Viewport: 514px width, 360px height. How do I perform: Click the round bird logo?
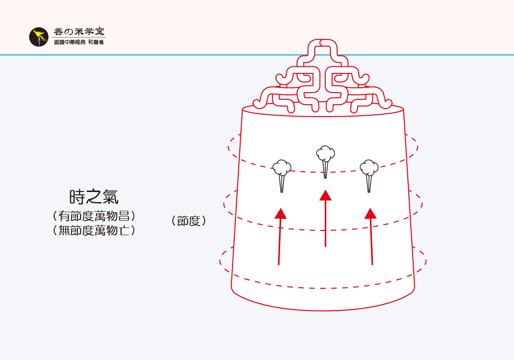tap(38, 37)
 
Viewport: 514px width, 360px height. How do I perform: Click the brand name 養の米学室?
tap(79, 32)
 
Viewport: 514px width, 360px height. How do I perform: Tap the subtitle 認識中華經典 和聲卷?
tap(79, 43)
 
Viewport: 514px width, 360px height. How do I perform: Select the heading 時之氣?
tap(94, 197)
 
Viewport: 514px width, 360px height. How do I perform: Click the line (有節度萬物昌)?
tap(94, 216)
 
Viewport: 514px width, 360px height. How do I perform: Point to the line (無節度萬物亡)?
tap(94, 230)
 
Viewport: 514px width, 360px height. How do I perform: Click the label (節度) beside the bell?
tap(188, 221)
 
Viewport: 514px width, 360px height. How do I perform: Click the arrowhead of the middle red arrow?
tap(325, 195)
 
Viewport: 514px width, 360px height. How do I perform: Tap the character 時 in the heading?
tap(77, 197)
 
